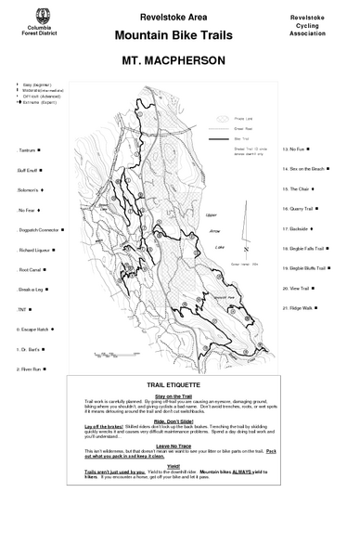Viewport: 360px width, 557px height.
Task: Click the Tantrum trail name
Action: coord(27,149)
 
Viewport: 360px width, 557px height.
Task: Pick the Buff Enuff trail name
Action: coord(29,170)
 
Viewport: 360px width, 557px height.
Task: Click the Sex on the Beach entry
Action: coord(305,169)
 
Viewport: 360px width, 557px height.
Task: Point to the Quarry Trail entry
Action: coord(300,208)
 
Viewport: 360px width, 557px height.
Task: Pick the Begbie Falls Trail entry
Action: coord(303,249)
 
